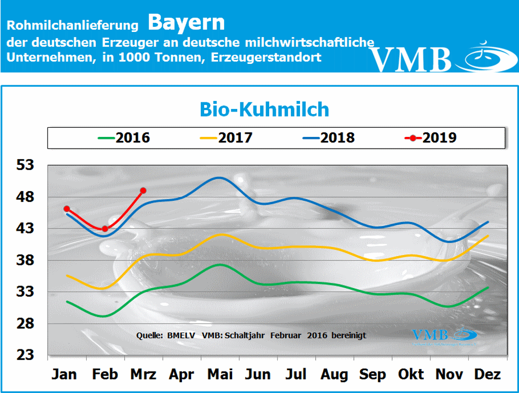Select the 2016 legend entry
click(x=125, y=137)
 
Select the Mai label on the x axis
click(x=220, y=375)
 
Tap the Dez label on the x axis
click(x=488, y=375)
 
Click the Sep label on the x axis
click(x=373, y=375)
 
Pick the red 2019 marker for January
click(x=66, y=209)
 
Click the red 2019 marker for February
click(x=105, y=229)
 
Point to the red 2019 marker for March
click(x=143, y=191)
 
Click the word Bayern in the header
click(x=187, y=23)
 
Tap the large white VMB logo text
click(x=411, y=59)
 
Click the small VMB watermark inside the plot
click(x=430, y=335)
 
